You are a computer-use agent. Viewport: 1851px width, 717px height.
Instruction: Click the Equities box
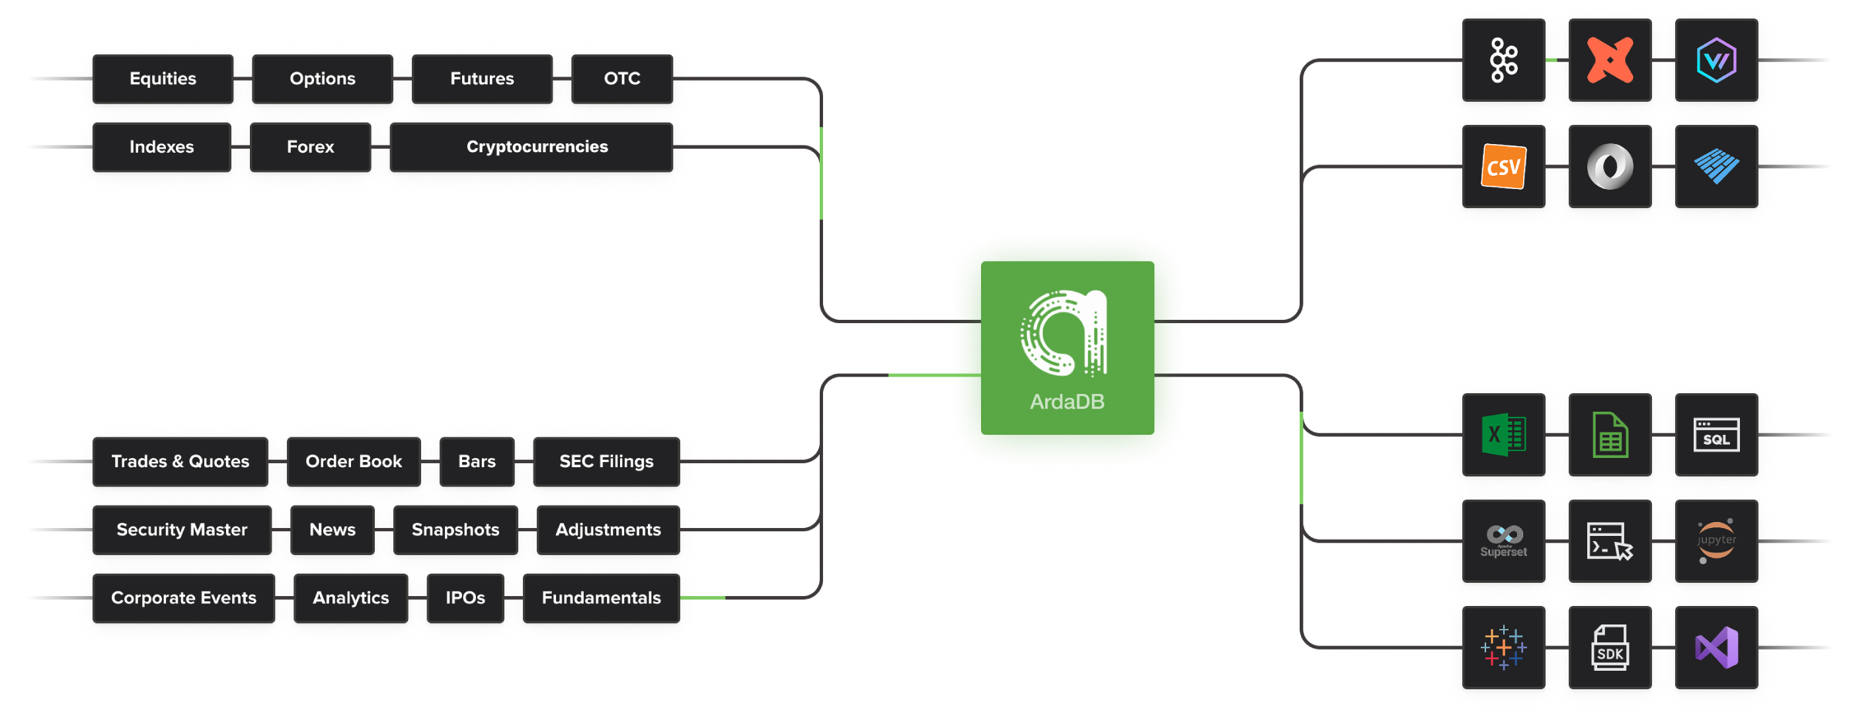pyautogui.click(x=163, y=79)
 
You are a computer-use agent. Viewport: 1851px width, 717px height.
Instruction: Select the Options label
pyautogui.click(x=323, y=79)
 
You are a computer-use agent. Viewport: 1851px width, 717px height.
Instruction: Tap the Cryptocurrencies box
pyautogui.click(x=537, y=147)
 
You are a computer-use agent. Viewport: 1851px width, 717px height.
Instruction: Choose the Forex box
pyautogui.click(x=311, y=147)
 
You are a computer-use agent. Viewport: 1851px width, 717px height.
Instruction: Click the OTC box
pyautogui.click(x=621, y=79)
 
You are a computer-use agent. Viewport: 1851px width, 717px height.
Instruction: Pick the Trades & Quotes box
pyautogui.click(x=180, y=461)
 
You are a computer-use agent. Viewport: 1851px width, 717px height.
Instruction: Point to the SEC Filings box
pyautogui.click(x=606, y=461)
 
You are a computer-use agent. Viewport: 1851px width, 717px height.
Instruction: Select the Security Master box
pyautogui.click(x=182, y=529)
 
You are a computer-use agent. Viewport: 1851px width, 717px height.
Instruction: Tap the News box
pyautogui.click(x=332, y=529)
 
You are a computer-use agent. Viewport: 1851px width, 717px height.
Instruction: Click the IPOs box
pyautogui.click(x=465, y=598)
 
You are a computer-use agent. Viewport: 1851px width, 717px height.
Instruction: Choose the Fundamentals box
pyautogui.click(x=601, y=598)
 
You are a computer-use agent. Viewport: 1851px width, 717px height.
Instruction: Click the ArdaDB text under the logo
pyautogui.click(x=1067, y=402)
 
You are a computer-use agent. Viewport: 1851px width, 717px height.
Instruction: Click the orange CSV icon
pyautogui.click(x=1503, y=167)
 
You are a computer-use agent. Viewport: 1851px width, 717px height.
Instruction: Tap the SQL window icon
pyautogui.click(x=1716, y=435)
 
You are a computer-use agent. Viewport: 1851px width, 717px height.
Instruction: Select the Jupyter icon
pyautogui.click(x=1716, y=541)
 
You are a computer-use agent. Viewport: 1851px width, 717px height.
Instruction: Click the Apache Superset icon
pyautogui.click(x=1503, y=541)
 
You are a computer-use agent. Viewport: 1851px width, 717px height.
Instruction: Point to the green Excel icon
pyautogui.click(x=1503, y=435)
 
